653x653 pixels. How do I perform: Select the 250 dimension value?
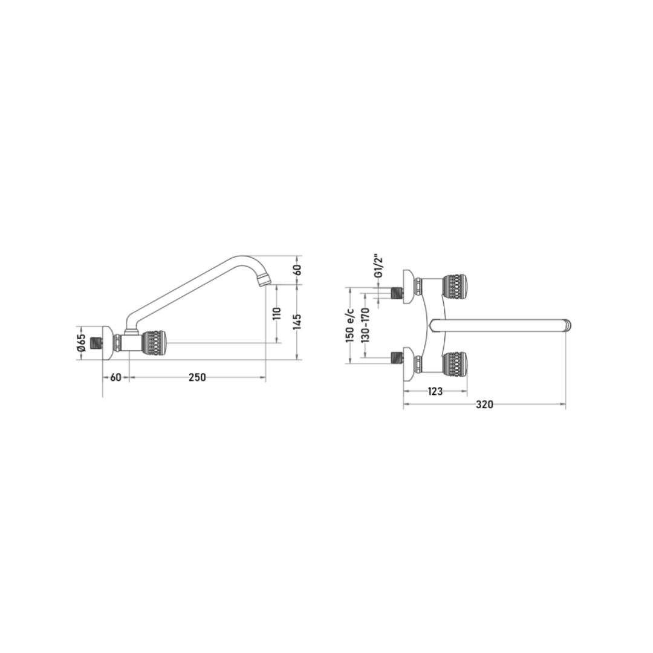point(197,377)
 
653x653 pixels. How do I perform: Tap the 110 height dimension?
point(278,313)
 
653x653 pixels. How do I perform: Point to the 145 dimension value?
point(297,322)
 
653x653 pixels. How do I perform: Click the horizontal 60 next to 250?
point(115,377)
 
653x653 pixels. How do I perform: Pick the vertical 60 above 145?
point(297,270)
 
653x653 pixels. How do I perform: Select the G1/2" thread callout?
point(378,267)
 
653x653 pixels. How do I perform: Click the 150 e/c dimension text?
point(350,325)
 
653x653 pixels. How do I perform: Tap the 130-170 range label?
point(365,325)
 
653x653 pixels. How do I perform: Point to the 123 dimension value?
point(435,391)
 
